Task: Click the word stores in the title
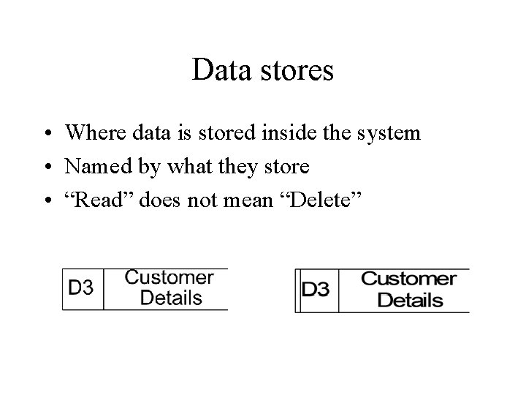[x=297, y=71]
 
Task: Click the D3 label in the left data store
[x=81, y=287]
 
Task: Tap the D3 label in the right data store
[x=316, y=290]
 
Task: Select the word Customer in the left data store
[x=169, y=278]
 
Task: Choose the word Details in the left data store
[x=171, y=298]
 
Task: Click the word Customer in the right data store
[x=409, y=279]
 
